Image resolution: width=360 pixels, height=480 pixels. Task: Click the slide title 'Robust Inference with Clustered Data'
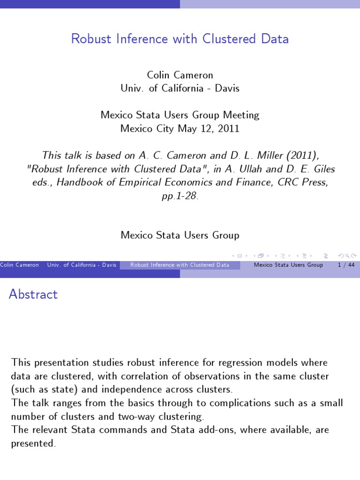click(x=180, y=38)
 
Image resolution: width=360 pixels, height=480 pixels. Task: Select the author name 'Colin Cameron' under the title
click(x=180, y=75)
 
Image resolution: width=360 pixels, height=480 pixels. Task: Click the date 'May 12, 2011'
click(x=209, y=128)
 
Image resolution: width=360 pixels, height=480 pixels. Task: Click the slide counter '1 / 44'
click(x=345, y=265)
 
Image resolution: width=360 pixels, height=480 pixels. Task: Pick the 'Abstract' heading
click(x=33, y=294)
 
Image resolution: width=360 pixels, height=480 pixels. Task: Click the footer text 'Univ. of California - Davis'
click(x=82, y=265)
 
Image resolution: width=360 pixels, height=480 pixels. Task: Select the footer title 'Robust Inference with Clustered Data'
click(x=180, y=265)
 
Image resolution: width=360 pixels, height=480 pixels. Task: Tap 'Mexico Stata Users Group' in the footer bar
click(x=288, y=265)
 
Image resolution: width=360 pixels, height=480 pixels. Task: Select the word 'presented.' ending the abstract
click(x=33, y=443)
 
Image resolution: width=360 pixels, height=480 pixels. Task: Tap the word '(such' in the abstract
click(x=22, y=390)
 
